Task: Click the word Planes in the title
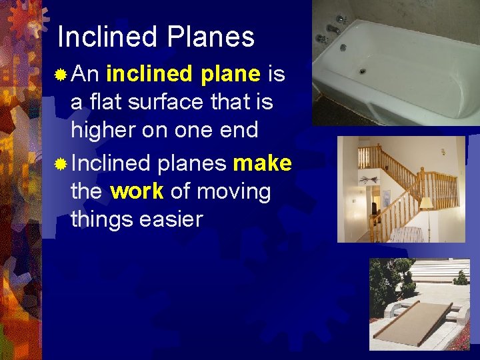coord(213,37)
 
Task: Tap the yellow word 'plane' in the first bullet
coord(230,74)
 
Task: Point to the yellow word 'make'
coord(262,163)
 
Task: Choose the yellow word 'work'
coord(137,192)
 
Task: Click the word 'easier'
coord(171,219)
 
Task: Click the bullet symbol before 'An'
coord(61,75)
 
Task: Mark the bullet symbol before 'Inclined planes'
coord(61,164)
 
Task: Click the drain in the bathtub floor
coord(363,71)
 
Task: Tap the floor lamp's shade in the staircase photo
coord(427,203)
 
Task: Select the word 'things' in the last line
coord(103,219)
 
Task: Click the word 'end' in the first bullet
coord(240,130)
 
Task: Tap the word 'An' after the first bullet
coord(85,74)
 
